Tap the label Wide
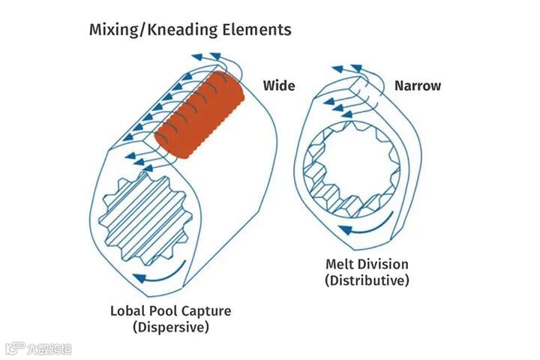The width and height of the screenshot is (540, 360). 278,85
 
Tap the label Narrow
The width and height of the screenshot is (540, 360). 418,85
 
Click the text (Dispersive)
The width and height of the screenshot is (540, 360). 170,327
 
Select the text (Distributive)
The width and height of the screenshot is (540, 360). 367,280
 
